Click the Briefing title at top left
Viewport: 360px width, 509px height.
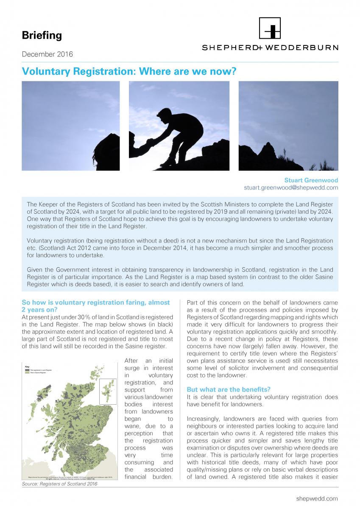tap(42, 36)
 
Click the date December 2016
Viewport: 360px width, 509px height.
tap(47, 54)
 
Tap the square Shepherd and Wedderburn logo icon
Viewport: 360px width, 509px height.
tap(270, 28)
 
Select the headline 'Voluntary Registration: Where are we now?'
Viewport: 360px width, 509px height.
tap(128, 71)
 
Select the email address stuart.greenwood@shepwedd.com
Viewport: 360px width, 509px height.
tap(291, 187)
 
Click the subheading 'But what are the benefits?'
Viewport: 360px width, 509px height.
tap(229, 389)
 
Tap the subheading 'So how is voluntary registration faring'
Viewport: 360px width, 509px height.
tap(95, 302)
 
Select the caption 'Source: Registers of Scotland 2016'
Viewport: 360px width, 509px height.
tap(59, 484)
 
